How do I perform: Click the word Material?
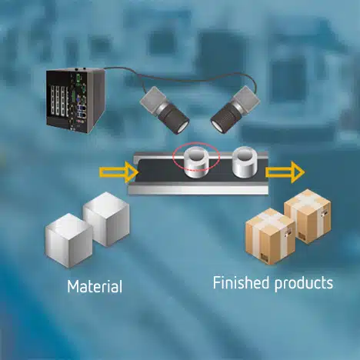point(95,286)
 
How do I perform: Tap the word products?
point(304,284)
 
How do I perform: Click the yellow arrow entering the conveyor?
point(118,172)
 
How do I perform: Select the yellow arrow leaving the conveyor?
point(285,172)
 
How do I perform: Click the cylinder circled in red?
point(197,162)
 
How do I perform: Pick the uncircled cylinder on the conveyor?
point(245,162)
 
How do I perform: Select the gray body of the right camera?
point(247,98)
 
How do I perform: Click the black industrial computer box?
point(75,101)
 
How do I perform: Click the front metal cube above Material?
point(68,240)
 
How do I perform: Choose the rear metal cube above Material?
point(106,218)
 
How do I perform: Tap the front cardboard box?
point(270,236)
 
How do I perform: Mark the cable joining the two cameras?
point(179,78)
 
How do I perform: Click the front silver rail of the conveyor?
point(198,189)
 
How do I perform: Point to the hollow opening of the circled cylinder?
point(197,155)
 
